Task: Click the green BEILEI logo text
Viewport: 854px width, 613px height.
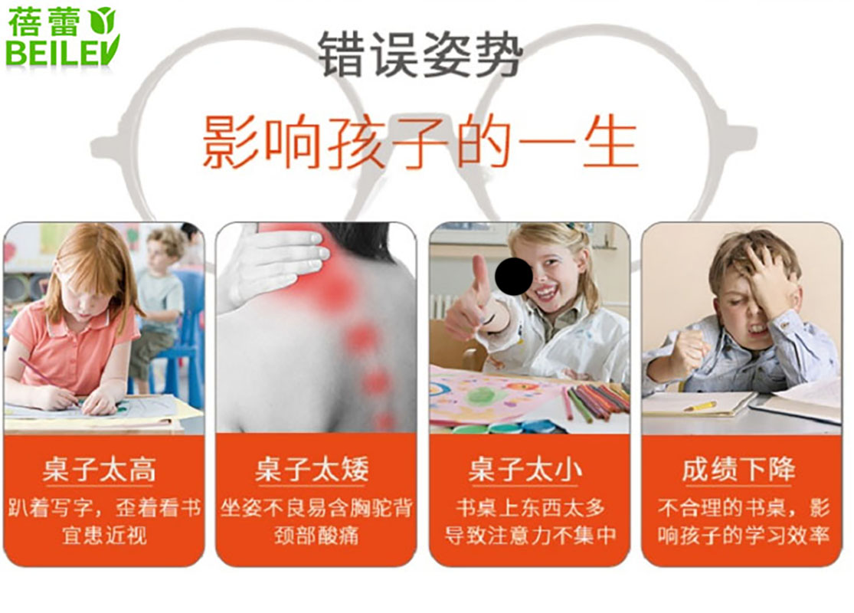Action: [x=61, y=53]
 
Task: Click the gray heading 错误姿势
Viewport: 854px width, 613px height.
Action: [x=420, y=54]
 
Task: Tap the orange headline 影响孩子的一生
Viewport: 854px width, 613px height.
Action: [x=420, y=143]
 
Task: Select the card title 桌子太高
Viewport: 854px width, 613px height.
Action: [x=100, y=470]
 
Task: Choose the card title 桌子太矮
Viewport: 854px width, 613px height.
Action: [x=312, y=470]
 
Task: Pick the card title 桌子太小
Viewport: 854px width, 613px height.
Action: [x=525, y=470]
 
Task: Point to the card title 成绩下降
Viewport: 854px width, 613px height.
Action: [x=739, y=470]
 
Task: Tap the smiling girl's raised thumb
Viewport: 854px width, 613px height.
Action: [x=479, y=270]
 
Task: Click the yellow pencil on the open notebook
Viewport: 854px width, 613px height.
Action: [x=700, y=406]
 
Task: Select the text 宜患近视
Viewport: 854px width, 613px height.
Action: [x=104, y=535]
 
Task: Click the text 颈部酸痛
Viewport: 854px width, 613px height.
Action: [x=316, y=535]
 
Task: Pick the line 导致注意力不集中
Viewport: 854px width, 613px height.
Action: [x=530, y=535]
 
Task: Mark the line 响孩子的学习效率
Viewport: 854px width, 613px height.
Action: [x=744, y=535]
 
